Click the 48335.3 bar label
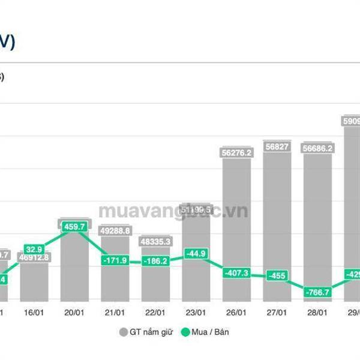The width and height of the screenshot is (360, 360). click(155, 241)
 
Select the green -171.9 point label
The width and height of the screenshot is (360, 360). click(115, 260)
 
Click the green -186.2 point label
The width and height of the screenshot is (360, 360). click(155, 262)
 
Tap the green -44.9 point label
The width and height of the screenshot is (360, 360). click(196, 253)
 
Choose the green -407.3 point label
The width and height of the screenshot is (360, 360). click(236, 273)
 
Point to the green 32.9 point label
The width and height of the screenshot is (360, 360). click(34, 249)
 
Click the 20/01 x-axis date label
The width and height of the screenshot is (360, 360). click(74, 312)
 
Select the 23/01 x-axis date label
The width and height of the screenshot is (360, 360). click(196, 312)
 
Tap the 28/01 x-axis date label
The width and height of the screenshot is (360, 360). click(317, 312)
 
